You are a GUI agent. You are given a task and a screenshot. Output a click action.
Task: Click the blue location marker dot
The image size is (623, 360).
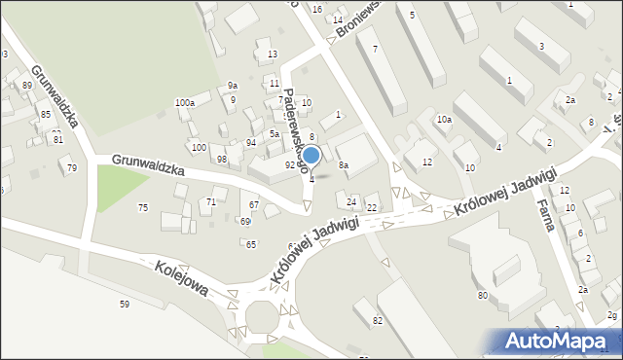coord(311,155)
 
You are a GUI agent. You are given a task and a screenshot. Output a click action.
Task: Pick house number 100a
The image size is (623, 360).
coord(185,102)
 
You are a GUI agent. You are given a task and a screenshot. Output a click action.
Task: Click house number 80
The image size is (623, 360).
coord(482,295)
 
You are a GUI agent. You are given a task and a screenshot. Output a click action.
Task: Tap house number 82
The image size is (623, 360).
coord(378,320)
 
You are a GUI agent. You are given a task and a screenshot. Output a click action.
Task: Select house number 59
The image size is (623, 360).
coord(125,305)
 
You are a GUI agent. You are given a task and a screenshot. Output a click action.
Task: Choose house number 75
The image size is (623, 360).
coord(143,207)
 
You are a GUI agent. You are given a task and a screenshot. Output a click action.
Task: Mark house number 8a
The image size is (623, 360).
coord(343,166)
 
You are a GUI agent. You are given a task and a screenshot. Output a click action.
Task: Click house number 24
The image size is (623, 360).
coord(351,201)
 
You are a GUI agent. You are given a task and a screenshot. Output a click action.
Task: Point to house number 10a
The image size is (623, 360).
coord(444,119)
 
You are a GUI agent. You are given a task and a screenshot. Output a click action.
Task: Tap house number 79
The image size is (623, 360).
coord(72,168)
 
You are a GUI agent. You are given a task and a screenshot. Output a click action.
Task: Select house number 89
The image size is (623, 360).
coord(26,86)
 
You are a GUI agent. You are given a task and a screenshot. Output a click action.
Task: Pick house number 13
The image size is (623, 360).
coord(273,54)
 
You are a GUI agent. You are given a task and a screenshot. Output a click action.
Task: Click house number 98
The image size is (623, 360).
coord(222,159)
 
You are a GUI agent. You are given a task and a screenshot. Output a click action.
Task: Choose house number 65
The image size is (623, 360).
coord(250,244)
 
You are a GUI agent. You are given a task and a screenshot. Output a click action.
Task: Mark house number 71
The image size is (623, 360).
coord(211,201)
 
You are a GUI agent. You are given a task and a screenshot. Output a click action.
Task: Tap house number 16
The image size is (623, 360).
coord(317,9)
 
